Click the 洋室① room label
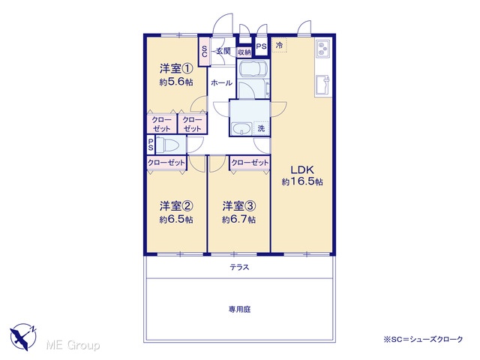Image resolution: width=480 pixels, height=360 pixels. pyautogui.click(x=176, y=68)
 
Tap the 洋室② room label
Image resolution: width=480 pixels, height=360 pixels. pyautogui.click(x=176, y=206)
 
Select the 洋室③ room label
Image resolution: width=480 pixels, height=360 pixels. pyautogui.click(x=239, y=206)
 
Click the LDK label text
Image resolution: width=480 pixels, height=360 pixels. pyautogui.click(x=302, y=169)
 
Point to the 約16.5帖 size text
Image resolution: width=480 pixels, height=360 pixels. pyautogui.click(x=302, y=181)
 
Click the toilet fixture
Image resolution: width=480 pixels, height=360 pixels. pyautogui.click(x=166, y=145)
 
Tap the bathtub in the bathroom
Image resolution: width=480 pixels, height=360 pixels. pyautogui.click(x=253, y=69)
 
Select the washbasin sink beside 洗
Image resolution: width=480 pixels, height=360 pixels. pyautogui.click(x=241, y=128)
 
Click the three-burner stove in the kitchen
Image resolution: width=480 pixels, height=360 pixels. pyautogui.click(x=322, y=49)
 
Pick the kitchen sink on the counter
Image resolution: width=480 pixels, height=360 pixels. pyautogui.click(x=323, y=85)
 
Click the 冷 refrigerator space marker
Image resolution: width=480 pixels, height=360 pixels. pyautogui.click(x=279, y=45)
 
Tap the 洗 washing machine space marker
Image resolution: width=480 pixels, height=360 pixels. pyautogui.click(x=261, y=128)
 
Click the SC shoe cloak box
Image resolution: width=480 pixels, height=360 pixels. pyautogui.click(x=205, y=51)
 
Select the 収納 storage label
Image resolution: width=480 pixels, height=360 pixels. pyautogui.click(x=244, y=52)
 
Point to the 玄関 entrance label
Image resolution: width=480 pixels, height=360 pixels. pyautogui.click(x=223, y=51)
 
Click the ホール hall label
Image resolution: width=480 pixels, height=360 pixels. pyautogui.click(x=222, y=82)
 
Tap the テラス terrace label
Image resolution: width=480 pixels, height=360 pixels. pyautogui.click(x=240, y=268)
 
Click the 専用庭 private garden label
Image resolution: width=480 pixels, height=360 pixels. pyautogui.click(x=240, y=310)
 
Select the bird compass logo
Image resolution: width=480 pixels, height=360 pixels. pyautogui.click(x=23, y=337)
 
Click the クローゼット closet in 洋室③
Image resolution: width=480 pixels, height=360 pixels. pyautogui.click(x=250, y=163)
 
